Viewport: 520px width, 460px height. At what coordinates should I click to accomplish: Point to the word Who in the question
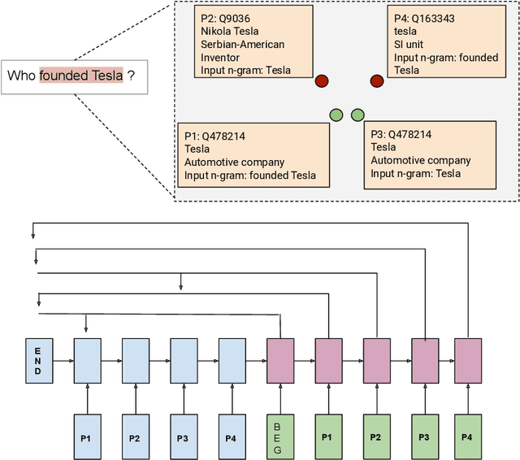[22, 76]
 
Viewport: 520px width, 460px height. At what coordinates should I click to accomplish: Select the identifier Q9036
[233, 19]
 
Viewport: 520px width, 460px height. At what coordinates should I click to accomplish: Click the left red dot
[321, 80]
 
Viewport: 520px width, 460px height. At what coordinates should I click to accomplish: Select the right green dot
[357, 115]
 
